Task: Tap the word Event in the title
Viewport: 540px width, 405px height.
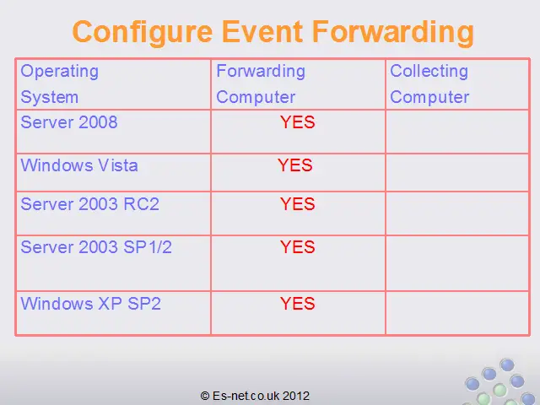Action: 262,32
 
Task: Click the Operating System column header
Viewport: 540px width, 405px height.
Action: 60,84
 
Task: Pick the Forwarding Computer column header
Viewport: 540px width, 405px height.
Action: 261,84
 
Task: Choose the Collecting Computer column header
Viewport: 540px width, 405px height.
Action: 429,84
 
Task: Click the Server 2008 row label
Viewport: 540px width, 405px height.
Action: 69,122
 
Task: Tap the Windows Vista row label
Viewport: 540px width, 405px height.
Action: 79,165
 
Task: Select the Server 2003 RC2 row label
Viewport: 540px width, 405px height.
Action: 90,204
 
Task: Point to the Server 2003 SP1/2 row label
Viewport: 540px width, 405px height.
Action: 96,247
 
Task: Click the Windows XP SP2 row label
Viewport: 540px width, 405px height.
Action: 91,304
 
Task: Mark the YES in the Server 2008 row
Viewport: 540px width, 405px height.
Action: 298,122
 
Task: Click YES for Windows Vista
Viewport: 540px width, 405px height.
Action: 295,165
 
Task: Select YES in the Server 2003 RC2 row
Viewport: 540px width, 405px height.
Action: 298,204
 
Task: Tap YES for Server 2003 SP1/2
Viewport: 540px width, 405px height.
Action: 298,247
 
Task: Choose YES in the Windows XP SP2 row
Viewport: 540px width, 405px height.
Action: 298,304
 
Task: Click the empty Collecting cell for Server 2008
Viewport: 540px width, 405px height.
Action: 457,132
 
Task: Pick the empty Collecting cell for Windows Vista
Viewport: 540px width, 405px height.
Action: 457,172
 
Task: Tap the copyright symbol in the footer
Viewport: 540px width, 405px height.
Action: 205,396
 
